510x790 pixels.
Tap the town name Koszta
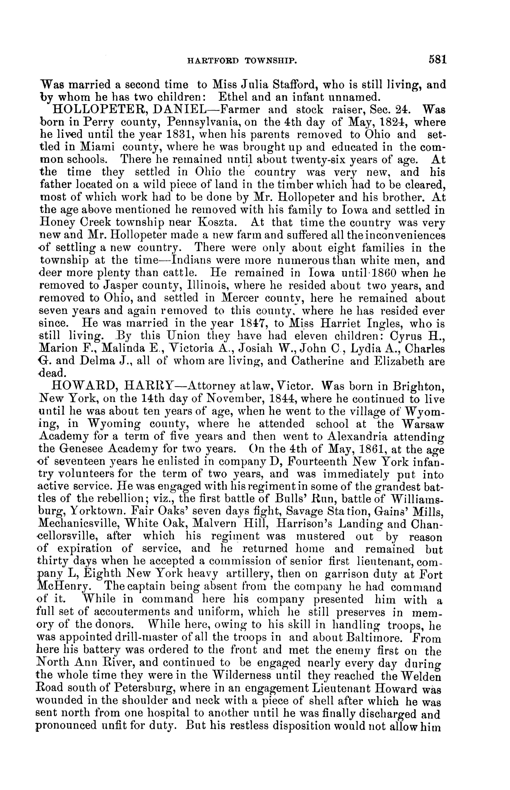(x=225, y=222)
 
